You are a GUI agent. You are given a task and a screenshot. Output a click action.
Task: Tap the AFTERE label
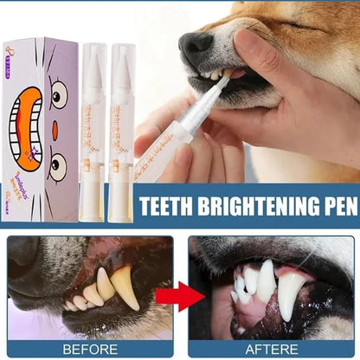[273, 348]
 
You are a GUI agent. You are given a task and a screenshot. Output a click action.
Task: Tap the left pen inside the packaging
[95, 121]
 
